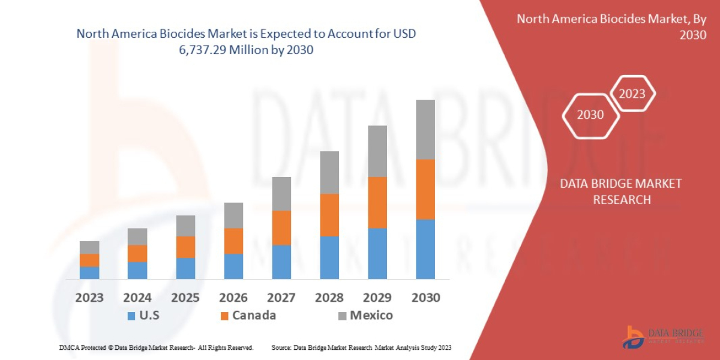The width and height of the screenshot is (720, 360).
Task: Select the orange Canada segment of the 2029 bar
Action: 377,202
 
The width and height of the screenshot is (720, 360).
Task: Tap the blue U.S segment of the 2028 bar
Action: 329,257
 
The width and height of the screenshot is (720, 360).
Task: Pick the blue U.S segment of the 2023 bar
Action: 89,272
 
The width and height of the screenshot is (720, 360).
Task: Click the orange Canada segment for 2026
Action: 233,241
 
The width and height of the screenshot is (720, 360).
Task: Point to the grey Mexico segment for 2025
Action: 185,226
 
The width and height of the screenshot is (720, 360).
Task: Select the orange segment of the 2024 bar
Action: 137,253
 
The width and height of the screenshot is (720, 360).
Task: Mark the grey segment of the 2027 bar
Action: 281,193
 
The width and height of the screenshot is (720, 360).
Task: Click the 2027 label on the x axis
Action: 281,298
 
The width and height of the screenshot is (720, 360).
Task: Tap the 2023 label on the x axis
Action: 89,298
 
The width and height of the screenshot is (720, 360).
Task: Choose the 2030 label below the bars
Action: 425,298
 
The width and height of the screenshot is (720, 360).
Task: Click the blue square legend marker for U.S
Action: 130,316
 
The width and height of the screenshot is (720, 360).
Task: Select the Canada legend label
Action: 254,315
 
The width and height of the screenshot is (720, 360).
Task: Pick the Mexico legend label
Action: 371,315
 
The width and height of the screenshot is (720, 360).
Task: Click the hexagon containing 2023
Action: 632,94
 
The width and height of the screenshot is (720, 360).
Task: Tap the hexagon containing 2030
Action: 590,115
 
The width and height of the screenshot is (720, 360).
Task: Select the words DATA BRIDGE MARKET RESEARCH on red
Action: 621,191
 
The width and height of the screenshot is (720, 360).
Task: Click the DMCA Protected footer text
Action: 156,347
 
